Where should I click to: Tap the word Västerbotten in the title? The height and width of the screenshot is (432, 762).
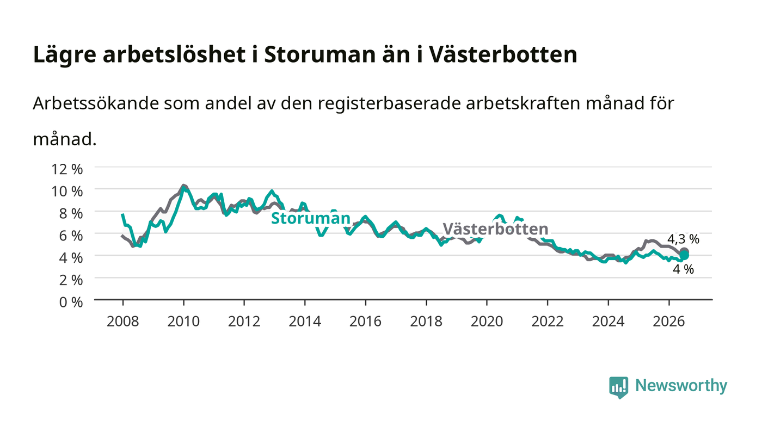502,54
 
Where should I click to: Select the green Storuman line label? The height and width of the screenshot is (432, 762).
311,218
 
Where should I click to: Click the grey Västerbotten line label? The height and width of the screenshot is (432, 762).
496,229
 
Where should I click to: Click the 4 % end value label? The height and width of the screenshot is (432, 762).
684,269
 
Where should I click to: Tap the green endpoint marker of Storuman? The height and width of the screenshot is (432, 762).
684,255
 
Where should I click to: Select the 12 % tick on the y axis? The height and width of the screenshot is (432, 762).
67,169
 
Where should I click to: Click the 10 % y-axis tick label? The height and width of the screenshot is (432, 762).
67,192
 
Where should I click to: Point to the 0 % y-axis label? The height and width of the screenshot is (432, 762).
71,302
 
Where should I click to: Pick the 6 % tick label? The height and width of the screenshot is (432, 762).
71,236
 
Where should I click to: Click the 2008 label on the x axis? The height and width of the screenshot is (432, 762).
123,321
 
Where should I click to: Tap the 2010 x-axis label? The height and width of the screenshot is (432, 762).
183,321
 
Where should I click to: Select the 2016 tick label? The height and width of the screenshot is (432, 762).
365,321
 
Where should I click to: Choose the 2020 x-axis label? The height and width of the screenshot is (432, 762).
487,321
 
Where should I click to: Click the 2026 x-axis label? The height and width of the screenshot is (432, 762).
669,321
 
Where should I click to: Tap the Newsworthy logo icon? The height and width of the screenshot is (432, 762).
619,387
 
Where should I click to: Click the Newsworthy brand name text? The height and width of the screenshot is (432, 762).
681,386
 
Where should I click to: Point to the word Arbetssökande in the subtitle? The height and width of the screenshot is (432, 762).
96,103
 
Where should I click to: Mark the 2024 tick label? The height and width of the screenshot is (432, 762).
609,321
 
